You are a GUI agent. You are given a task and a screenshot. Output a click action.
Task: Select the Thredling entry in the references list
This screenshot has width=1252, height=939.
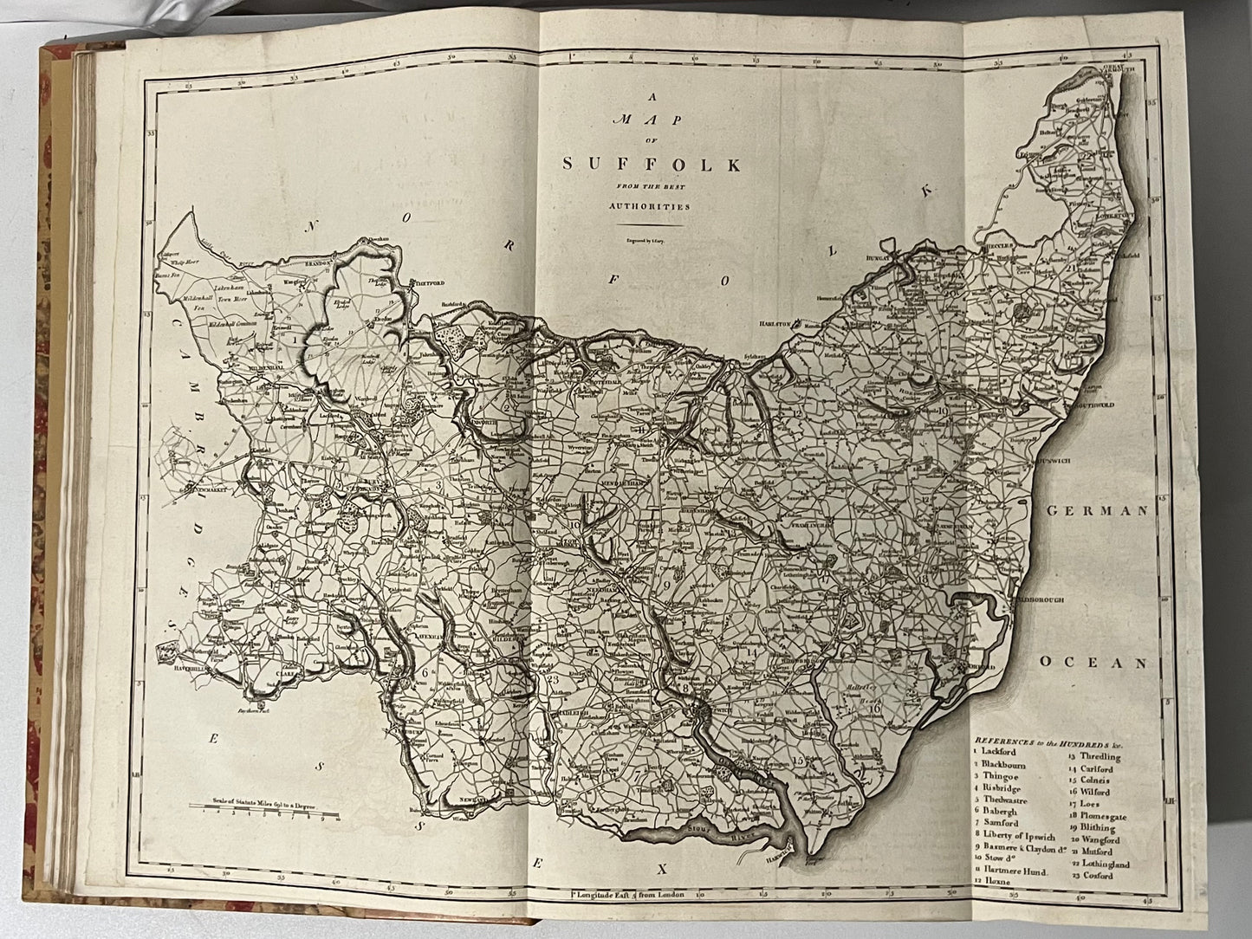pyautogui.click(x=1100, y=756)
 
